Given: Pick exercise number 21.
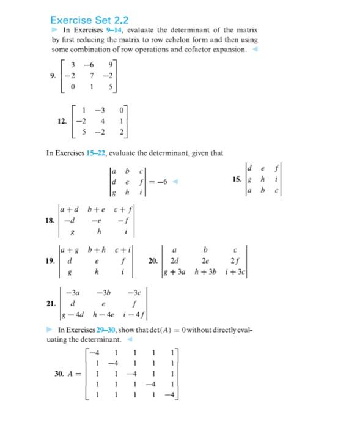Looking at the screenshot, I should [x=52, y=303].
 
